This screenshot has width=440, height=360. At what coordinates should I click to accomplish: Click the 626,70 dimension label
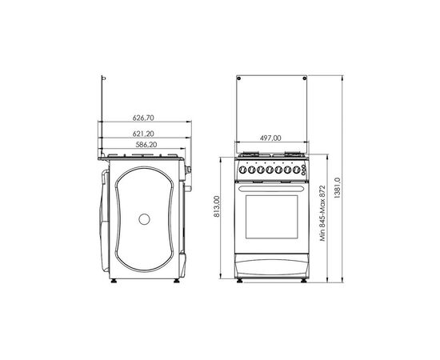(x=143, y=118)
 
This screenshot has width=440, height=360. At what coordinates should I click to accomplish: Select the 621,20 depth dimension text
(x=143, y=134)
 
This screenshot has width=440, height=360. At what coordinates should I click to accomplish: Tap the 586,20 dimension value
(x=146, y=145)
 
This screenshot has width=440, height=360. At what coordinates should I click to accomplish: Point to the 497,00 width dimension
(x=270, y=138)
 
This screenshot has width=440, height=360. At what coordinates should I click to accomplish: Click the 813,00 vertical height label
(x=217, y=206)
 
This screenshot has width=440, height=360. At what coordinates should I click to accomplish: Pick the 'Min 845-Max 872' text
(x=322, y=213)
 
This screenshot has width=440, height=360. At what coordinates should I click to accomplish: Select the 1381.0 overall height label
(x=338, y=188)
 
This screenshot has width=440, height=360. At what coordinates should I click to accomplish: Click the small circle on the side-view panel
(x=144, y=219)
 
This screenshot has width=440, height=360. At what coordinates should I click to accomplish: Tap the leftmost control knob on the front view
(x=242, y=170)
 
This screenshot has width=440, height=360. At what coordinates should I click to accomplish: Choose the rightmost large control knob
(x=296, y=170)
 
